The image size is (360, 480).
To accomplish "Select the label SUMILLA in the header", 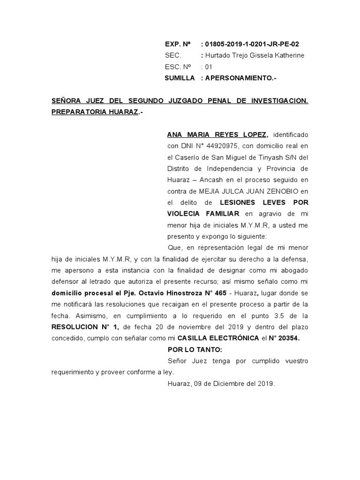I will click(x=180, y=78).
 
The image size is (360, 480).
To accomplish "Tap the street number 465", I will click(x=218, y=292).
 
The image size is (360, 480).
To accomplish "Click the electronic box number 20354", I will click(x=289, y=338).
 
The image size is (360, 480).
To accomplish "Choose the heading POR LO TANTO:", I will click(x=189, y=349).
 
